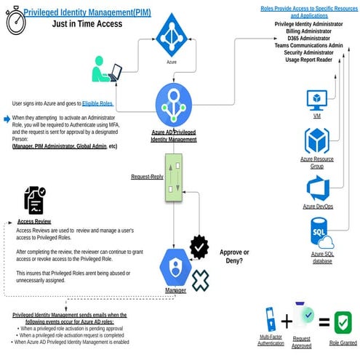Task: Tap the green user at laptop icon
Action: [x=106, y=70]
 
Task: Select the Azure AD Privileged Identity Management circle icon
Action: [x=174, y=105]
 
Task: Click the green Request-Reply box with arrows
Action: [x=174, y=177]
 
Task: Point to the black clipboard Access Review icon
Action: [x=34, y=200]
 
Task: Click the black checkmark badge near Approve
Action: [x=199, y=247]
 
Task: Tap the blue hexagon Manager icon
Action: [x=175, y=267]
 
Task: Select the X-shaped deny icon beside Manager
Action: [x=200, y=280]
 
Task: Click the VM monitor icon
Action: [x=317, y=100]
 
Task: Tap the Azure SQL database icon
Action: [x=321, y=237]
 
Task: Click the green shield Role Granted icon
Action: [x=343, y=322]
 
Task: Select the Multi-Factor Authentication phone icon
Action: [x=271, y=319]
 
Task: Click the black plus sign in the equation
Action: [x=287, y=321]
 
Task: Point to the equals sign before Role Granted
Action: [x=324, y=321]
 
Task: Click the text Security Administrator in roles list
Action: [x=308, y=53]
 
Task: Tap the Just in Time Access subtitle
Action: [x=87, y=23]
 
